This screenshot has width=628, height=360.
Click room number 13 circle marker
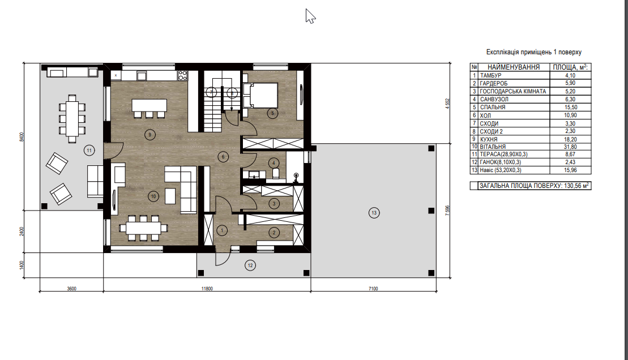tap(374, 213)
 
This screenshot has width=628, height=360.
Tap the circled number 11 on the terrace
tap(89, 151)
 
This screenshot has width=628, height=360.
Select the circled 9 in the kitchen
tap(150, 135)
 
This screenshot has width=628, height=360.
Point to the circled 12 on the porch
tap(250, 265)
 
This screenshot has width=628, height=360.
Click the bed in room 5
tap(260, 95)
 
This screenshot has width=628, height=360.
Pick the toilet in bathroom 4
tap(276, 173)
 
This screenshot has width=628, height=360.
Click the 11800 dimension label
tap(207, 288)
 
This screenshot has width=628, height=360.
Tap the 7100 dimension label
tap(373, 288)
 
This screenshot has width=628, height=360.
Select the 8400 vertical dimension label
tap(22, 136)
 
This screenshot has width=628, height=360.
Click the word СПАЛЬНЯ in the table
tap(493, 108)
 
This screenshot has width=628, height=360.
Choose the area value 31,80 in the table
tap(571, 147)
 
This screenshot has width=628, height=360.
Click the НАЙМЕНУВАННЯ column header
tap(514, 67)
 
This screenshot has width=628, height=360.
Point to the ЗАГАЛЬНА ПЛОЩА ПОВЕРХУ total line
tap(534, 186)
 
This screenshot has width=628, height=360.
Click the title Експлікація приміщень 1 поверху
tap(534, 52)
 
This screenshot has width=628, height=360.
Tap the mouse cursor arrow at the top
tap(310, 16)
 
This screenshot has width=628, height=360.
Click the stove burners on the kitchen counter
tap(183, 75)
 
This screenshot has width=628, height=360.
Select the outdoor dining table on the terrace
tap(72, 118)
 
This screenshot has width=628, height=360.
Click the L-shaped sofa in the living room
tap(183, 189)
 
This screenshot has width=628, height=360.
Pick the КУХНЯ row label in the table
tap(489, 139)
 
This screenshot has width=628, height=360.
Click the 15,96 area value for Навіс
tap(571, 170)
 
